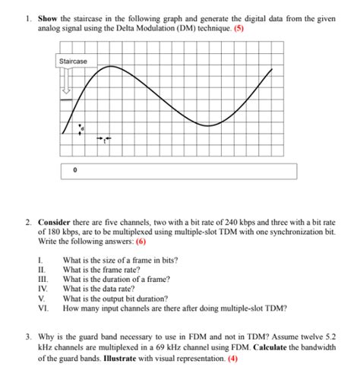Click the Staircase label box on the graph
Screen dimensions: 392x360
pyautogui.click(x=74, y=61)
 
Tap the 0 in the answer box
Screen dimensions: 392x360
pyautogui.click(x=75, y=172)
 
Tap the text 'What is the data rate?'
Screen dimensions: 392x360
pyautogui.click(x=99, y=289)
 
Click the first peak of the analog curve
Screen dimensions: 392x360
pyautogui.click(x=111, y=67)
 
